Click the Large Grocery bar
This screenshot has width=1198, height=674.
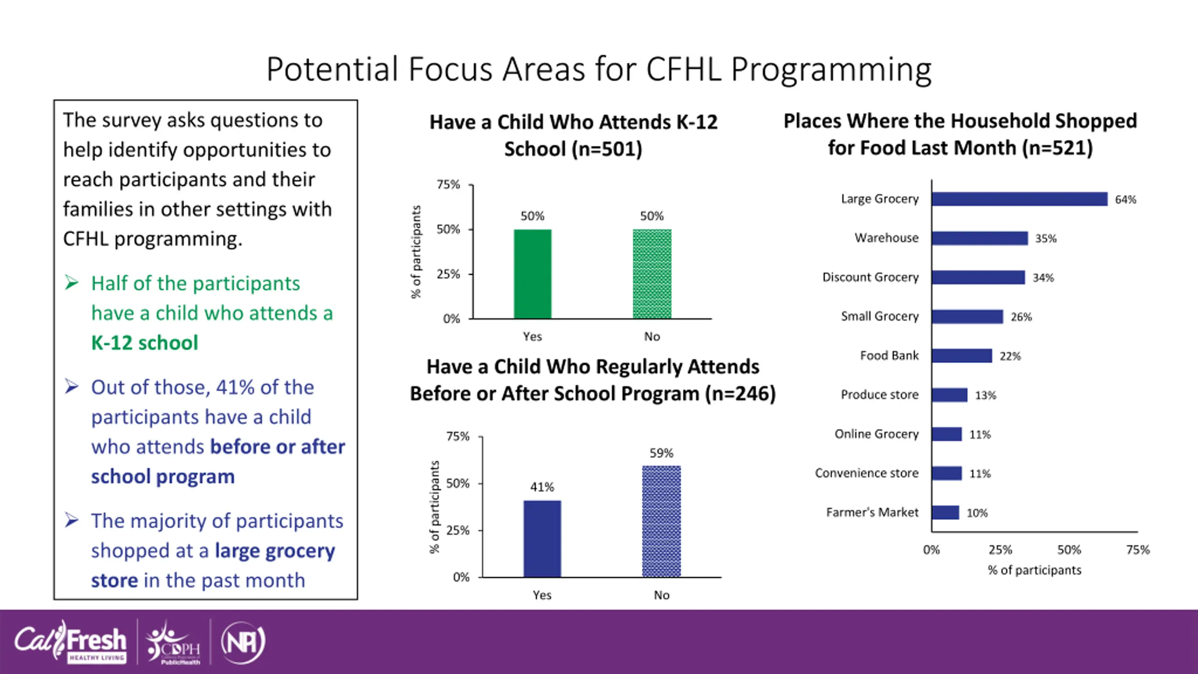(1020, 199)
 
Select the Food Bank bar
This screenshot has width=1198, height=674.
(962, 356)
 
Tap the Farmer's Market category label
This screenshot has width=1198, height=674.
(872, 513)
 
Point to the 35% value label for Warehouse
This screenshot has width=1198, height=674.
(1046, 239)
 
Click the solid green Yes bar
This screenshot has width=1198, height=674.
(533, 274)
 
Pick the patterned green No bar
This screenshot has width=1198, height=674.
(652, 274)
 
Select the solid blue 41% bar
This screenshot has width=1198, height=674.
(542, 539)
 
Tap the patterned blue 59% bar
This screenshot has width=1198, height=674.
(662, 522)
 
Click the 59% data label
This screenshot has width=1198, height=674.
(662, 453)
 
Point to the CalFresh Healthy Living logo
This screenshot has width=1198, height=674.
(70, 642)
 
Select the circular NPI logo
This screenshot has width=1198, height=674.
(243, 643)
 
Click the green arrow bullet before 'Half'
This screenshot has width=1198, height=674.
(72, 283)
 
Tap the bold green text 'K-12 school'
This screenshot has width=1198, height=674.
(145, 343)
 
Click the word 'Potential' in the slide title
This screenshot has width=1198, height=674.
(332, 69)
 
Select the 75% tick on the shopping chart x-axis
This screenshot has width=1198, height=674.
(1138, 550)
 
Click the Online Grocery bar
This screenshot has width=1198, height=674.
(947, 434)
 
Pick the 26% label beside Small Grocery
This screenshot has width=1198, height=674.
(1021, 317)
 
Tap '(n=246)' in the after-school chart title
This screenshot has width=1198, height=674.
(741, 394)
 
